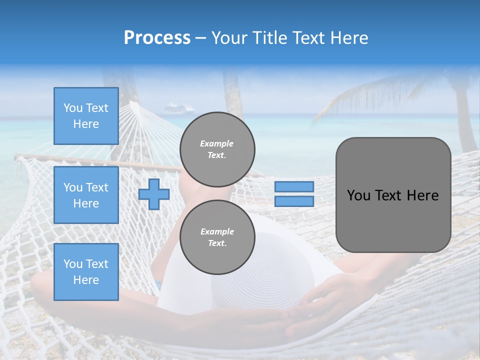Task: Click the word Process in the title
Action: coord(157,38)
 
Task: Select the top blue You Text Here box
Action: coord(86,116)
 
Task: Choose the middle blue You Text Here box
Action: coord(86,195)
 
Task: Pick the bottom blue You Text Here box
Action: coord(86,272)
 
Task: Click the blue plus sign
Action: coord(153,194)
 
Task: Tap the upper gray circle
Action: coord(217,149)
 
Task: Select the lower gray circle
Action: coord(217,237)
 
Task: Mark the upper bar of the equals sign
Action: coord(294,186)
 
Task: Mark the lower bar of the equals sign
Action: coord(294,201)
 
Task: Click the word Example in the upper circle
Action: coord(217,143)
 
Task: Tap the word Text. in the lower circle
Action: coord(217,243)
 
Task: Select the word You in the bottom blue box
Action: coord(72,264)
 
